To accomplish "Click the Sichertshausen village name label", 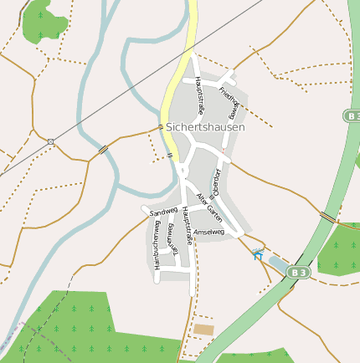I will (206, 127).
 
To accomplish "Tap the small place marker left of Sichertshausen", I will (161, 127).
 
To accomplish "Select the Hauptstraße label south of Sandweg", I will (188, 226).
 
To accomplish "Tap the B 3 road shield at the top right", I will (352, 115).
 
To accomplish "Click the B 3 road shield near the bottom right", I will (299, 272).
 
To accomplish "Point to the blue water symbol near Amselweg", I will (258, 254).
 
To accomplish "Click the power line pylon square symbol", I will (51, 141).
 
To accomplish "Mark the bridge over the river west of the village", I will (103, 150).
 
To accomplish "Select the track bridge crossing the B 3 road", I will (327, 217).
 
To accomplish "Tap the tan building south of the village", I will (203, 330).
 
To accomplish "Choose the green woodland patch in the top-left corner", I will (44, 23).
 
